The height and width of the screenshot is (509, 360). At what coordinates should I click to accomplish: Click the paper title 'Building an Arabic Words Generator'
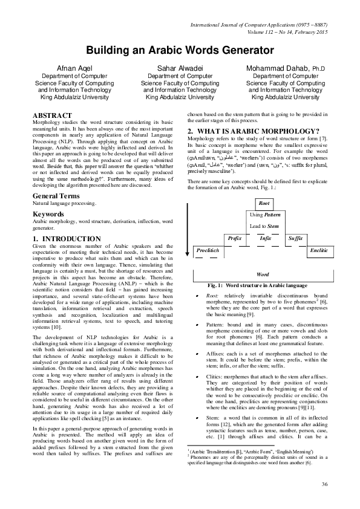pyautogui.click(x=180, y=50)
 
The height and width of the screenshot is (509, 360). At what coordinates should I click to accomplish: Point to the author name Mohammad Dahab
pyautogui.click(x=280, y=69)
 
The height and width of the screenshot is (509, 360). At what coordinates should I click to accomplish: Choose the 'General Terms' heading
pyautogui.click(x=58, y=180)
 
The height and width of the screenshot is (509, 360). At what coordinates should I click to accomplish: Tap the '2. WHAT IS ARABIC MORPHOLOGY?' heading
pyautogui.click(x=253, y=131)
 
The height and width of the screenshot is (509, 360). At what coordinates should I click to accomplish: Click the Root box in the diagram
pyautogui.click(x=263, y=204)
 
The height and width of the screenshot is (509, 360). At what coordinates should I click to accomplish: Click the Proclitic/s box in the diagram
pyautogui.click(x=208, y=250)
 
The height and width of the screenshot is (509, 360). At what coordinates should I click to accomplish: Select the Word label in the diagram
pyautogui.click(x=263, y=274)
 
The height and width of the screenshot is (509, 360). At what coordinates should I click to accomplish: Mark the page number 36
pyautogui.click(x=324, y=484)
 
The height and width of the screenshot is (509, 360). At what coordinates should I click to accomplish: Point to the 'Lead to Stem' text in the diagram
pyautogui.click(x=264, y=226)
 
